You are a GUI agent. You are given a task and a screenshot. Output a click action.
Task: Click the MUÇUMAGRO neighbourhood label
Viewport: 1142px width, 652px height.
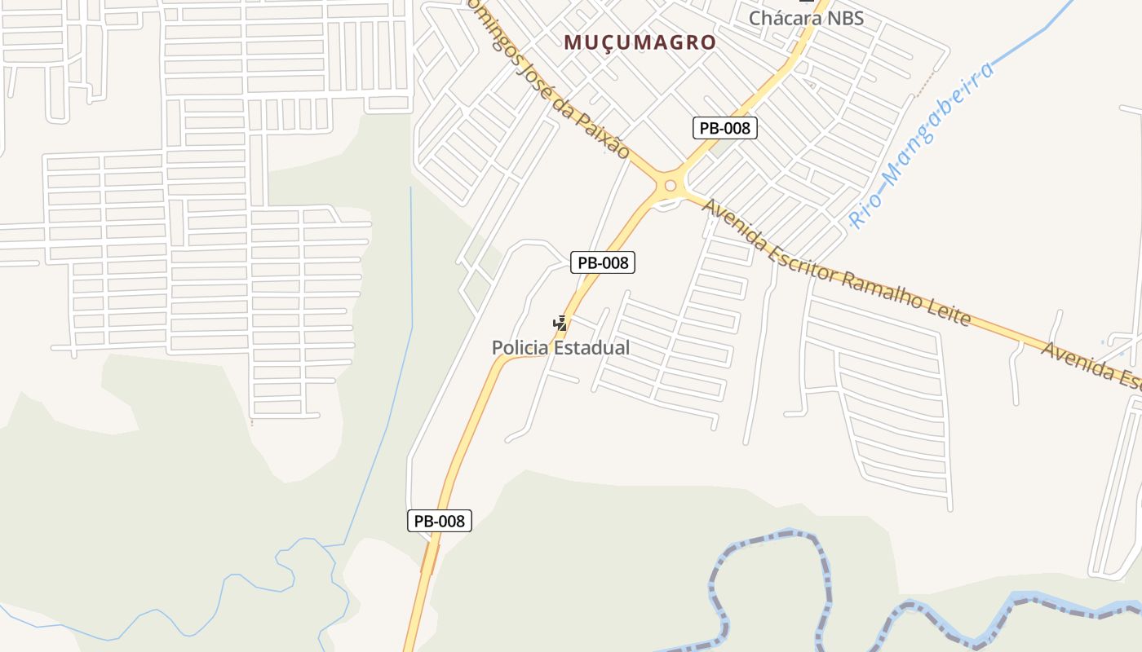click(640, 42)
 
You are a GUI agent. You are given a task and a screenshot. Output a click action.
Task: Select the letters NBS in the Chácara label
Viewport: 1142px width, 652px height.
click(843, 18)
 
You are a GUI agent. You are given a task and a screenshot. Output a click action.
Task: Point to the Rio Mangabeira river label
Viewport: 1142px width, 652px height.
click(923, 144)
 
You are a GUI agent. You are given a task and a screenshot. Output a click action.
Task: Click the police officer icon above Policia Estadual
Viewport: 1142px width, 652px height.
click(560, 324)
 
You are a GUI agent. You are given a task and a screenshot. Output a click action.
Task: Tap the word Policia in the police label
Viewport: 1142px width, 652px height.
click(520, 348)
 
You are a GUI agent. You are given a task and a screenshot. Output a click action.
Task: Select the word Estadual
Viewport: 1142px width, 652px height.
click(592, 348)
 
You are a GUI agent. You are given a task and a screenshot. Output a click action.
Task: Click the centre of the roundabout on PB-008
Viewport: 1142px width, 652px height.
click(671, 186)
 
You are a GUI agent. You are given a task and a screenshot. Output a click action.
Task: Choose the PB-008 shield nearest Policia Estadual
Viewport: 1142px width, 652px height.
click(603, 262)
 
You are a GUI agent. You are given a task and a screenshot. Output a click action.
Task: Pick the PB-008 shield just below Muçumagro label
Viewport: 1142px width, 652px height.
click(725, 128)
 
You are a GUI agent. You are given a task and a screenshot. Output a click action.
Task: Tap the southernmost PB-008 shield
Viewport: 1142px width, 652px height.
click(440, 521)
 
